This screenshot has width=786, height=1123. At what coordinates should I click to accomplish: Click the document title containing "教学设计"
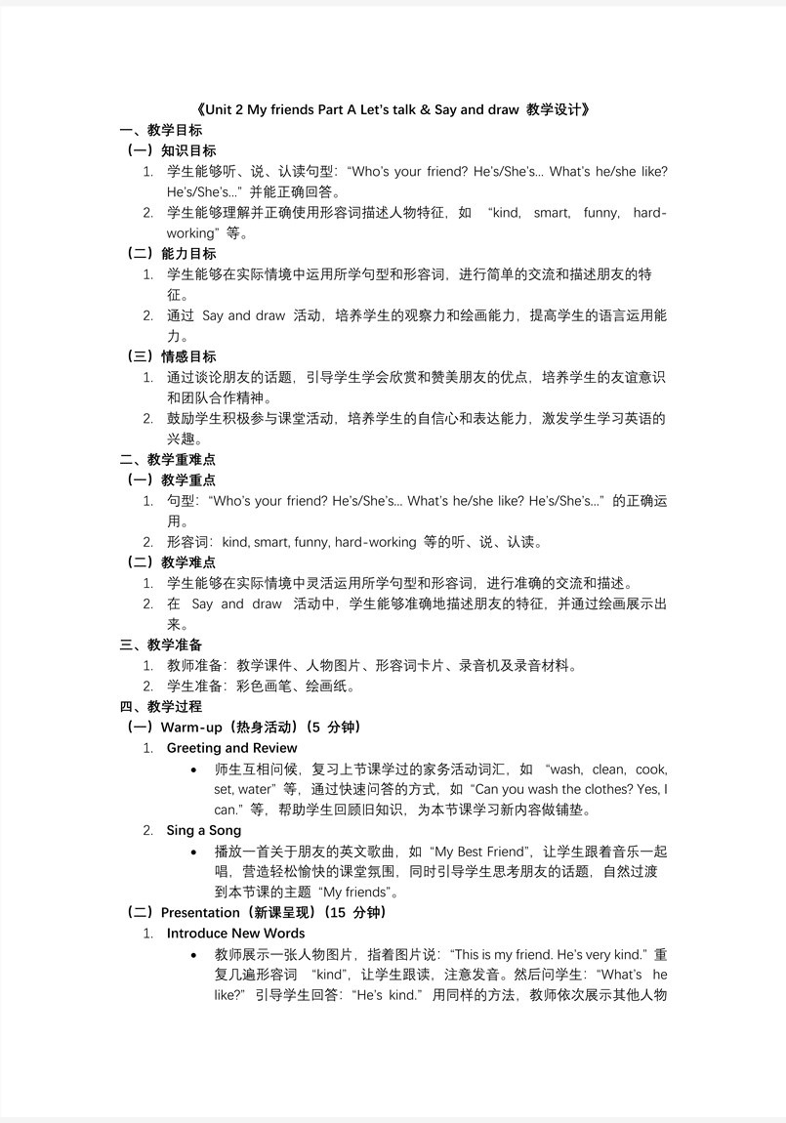click(x=393, y=109)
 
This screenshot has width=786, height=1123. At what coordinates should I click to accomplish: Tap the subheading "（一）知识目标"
click(x=172, y=150)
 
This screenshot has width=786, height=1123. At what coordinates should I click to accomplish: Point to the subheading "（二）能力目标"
click(x=172, y=254)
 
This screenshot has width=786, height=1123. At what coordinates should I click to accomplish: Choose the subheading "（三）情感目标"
click(x=172, y=356)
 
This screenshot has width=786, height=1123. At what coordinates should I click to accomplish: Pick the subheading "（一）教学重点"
click(x=172, y=479)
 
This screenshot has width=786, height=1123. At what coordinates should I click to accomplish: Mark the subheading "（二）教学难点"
click(x=172, y=562)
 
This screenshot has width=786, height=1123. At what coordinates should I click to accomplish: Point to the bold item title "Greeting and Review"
click(x=232, y=748)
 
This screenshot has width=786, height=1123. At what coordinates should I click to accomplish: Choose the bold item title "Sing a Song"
click(x=204, y=830)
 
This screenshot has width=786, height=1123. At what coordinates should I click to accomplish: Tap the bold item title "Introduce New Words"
click(x=236, y=934)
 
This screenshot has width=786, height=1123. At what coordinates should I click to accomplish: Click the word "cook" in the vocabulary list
click(x=651, y=769)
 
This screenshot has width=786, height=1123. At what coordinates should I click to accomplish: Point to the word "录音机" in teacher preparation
click(x=494, y=666)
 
